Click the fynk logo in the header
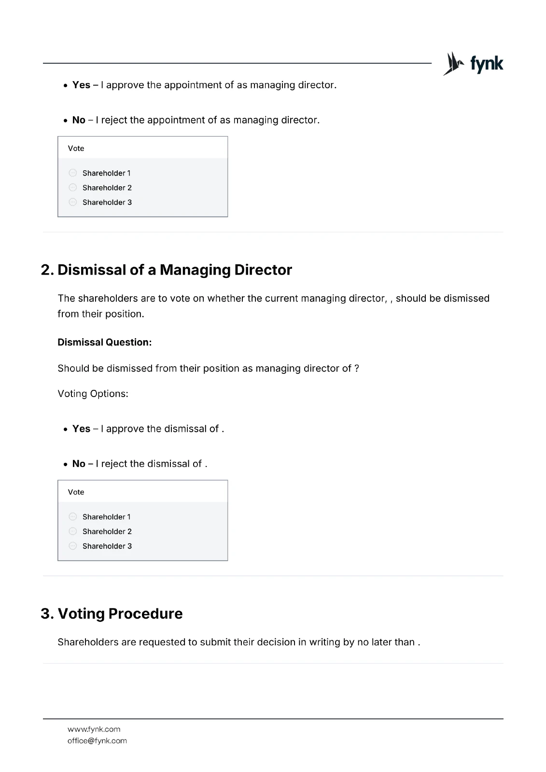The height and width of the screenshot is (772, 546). tap(473, 64)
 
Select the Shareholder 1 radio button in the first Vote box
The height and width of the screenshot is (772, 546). tap(73, 173)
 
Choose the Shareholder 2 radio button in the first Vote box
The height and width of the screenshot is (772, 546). tap(73, 187)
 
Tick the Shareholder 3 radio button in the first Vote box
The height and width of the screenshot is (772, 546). tap(73, 202)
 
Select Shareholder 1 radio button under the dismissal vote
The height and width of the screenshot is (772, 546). tap(73, 517)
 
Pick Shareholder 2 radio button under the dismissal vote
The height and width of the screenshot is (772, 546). tap(73, 531)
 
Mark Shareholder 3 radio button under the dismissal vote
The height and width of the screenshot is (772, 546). tap(73, 546)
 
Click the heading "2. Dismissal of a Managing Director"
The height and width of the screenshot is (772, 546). tap(167, 270)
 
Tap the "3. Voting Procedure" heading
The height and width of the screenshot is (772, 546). tap(112, 613)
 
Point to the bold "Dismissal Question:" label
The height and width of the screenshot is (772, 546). tap(105, 342)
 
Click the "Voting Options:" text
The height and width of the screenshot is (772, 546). tap(93, 394)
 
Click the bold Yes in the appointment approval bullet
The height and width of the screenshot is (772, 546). tap(81, 85)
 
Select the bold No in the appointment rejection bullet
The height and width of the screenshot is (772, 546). tap(79, 120)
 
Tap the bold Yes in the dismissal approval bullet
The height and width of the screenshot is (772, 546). tap(81, 429)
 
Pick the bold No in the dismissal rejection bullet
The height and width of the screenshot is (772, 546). tap(79, 464)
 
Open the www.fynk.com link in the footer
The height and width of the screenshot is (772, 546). tap(94, 729)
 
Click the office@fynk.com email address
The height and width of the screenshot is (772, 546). tap(97, 741)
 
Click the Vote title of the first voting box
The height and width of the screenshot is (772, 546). tap(76, 148)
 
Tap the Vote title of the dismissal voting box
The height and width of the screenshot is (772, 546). tap(76, 492)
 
